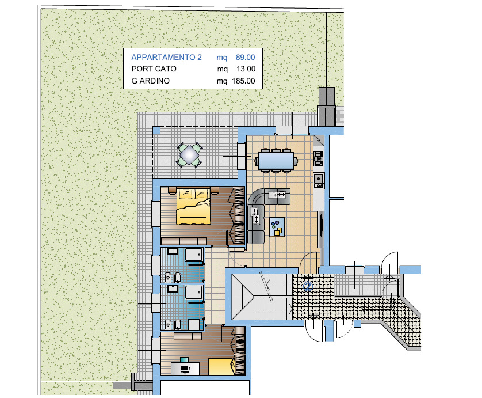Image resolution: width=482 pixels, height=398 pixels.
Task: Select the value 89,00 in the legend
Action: coord(245,57)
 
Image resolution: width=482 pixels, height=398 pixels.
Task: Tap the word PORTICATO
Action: coord(154,69)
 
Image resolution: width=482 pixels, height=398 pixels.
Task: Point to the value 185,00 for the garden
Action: coord(243,81)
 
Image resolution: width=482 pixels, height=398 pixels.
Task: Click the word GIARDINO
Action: coord(150,81)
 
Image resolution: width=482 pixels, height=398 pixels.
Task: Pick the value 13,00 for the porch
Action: coord(246,69)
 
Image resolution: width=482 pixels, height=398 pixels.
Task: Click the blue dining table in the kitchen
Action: coord(276,161)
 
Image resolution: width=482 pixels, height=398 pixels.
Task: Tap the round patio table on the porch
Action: coord(189,154)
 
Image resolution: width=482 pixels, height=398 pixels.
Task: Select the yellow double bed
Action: coord(193,206)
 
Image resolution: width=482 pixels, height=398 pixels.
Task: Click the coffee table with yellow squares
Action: coord(277,227)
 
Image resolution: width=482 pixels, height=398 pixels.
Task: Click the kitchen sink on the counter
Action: coord(319,180)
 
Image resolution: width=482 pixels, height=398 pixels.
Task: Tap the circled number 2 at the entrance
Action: coord(308,287)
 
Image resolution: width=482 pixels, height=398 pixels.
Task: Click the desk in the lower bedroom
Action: coord(185,368)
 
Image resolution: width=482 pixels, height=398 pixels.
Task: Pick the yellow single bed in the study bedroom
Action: coord(221,366)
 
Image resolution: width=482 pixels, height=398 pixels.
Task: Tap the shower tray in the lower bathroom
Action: coord(194,292)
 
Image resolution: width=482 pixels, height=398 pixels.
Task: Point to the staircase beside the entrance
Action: coord(262,297)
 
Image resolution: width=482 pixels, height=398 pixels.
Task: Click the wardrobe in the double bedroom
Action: coord(239,215)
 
